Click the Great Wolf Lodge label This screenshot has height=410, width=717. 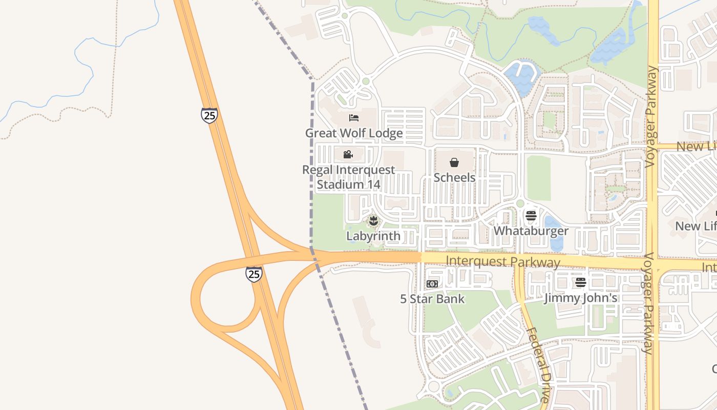[x=354, y=133]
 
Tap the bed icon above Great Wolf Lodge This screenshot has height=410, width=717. [x=354, y=118]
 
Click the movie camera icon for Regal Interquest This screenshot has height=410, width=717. [x=348, y=154]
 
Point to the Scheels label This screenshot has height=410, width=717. [x=454, y=177]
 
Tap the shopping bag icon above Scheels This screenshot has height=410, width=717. [x=454, y=162]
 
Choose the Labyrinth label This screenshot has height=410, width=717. [x=373, y=236]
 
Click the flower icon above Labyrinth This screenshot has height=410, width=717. [x=373, y=221]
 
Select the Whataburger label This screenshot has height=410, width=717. [x=531, y=231]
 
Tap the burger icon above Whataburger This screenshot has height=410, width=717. [x=531, y=215]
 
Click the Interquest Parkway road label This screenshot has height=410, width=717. [x=503, y=262]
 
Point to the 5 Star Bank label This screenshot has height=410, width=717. [x=432, y=299]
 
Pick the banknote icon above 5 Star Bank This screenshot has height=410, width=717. [x=432, y=283]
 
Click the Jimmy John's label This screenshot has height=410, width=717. [x=580, y=298]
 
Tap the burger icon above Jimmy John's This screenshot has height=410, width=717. [x=580, y=282]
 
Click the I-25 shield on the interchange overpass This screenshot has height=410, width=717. [x=254, y=274]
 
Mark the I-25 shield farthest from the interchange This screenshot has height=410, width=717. [x=209, y=115]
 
